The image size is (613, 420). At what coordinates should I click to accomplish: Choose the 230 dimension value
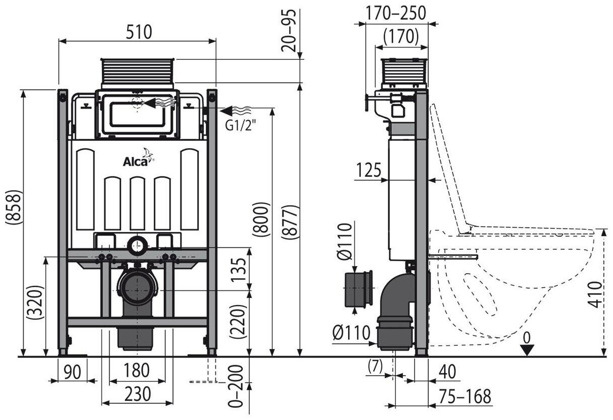[137, 395]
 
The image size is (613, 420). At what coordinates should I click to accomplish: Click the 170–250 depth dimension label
[396, 12]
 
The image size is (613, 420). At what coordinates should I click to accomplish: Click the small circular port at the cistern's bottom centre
[137, 246]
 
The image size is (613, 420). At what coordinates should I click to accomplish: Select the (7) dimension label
[375, 365]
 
